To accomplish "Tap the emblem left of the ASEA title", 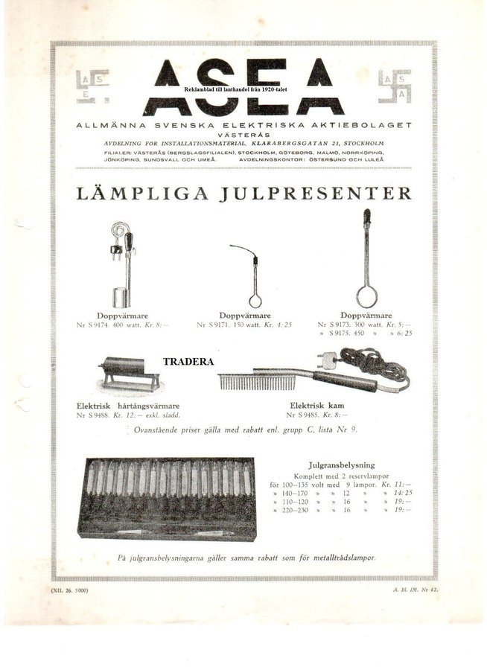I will (x=92, y=86).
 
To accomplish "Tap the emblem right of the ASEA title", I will (x=395, y=86).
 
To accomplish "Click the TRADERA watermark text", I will (x=188, y=362).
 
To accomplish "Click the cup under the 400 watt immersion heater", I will (x=118, y=297).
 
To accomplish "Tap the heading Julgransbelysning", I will (x=339, y=462).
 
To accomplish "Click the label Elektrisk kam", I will (x=322, y=406).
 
